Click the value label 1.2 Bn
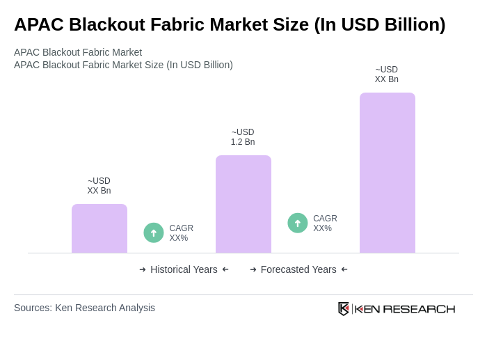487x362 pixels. [243, 142]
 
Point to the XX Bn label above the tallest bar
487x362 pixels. [387, 79]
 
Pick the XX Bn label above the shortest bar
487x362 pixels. [99, 191]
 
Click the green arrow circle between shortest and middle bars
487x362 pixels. [154, 233]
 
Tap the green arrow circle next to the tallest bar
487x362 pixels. [298, 223]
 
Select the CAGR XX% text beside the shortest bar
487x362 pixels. [182, 233]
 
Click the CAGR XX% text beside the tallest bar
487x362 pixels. [325, 223]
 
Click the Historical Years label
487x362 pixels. [184, 269]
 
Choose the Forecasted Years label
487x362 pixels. [298, 269]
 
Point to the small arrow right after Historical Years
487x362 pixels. [225, 269]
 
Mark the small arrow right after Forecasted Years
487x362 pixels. [344, 269]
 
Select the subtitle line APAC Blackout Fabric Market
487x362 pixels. [78, 52]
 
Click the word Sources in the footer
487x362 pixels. [32, 308]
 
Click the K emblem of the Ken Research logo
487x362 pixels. [344, 308]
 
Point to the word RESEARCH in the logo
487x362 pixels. [419, 309]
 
